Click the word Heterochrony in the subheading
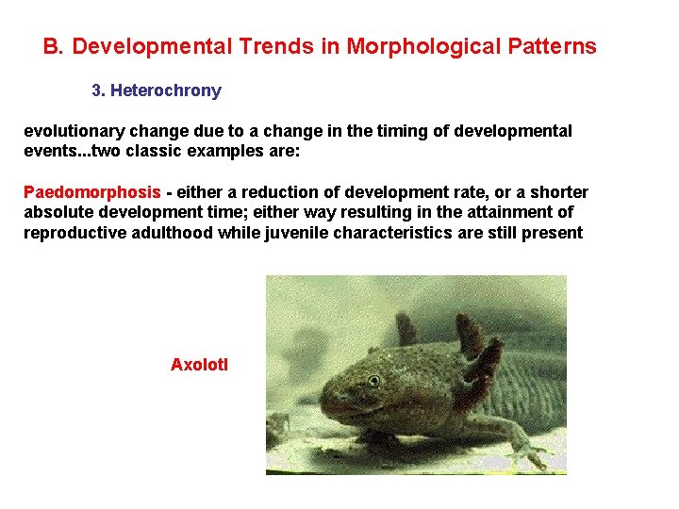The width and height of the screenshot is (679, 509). [166, 90]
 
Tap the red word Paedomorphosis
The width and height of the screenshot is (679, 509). [92, 192]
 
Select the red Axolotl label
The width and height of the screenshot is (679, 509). [199, 365]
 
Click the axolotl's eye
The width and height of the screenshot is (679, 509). [374, 381]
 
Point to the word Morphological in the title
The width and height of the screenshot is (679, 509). [413, 46]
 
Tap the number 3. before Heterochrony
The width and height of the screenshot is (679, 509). [98, 90]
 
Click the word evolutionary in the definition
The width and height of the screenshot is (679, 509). [70, 131]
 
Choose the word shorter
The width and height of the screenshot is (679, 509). [559, 192]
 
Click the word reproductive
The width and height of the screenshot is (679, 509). [72, 234]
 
